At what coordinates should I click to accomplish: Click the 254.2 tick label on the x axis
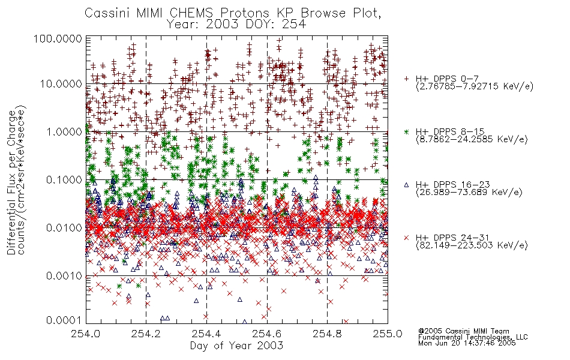146,334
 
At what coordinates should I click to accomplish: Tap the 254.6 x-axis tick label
267,334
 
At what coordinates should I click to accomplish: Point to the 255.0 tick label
388,334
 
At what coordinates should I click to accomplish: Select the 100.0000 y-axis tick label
58,38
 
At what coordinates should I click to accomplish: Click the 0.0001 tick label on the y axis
63,320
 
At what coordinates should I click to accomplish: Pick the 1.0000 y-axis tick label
64,131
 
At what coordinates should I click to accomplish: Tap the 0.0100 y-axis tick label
64,228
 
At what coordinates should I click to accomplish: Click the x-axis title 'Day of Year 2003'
236,346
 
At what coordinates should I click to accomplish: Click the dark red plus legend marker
406,78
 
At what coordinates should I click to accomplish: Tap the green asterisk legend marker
406,131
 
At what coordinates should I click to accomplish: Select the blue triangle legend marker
406,185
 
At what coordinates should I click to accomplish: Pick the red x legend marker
406,238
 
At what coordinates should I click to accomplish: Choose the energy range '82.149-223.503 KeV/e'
472,245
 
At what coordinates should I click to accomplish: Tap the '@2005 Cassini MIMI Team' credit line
464,331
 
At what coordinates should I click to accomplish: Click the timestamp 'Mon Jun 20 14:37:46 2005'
467,343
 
